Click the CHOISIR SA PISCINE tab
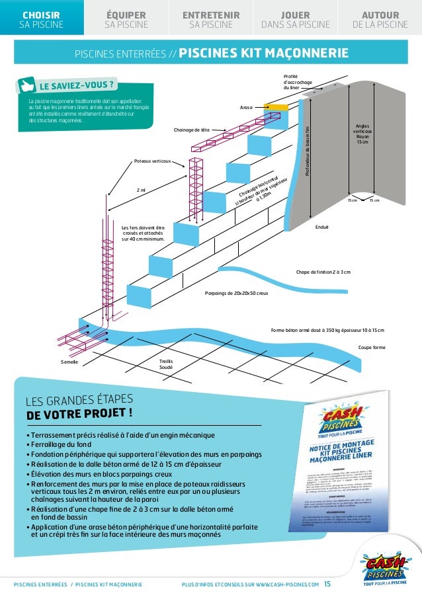[x=42, y=20]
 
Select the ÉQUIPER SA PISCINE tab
[x=126, y=20]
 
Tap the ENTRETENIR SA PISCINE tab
[x=211, y=20]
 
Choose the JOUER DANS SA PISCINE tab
[x=295, y=20]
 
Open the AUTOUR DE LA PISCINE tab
[x=380, y=20]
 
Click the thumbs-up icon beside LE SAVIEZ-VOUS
[x=28, y=86]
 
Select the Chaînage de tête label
[x=192, y=130]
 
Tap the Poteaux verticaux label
[x=153, y=161]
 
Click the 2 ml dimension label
[x=141, y=190]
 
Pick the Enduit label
[x=322, y=227]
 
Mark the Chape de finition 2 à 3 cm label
[x=323, y=272]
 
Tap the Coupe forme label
[x=372, y=347]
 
